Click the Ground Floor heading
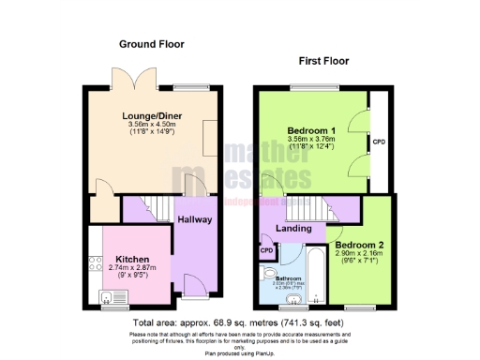(151, 44)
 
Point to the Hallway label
(195, 220)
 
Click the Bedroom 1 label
(311, 131)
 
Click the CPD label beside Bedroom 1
(379, 142)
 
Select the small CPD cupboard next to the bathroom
(267, 250)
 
